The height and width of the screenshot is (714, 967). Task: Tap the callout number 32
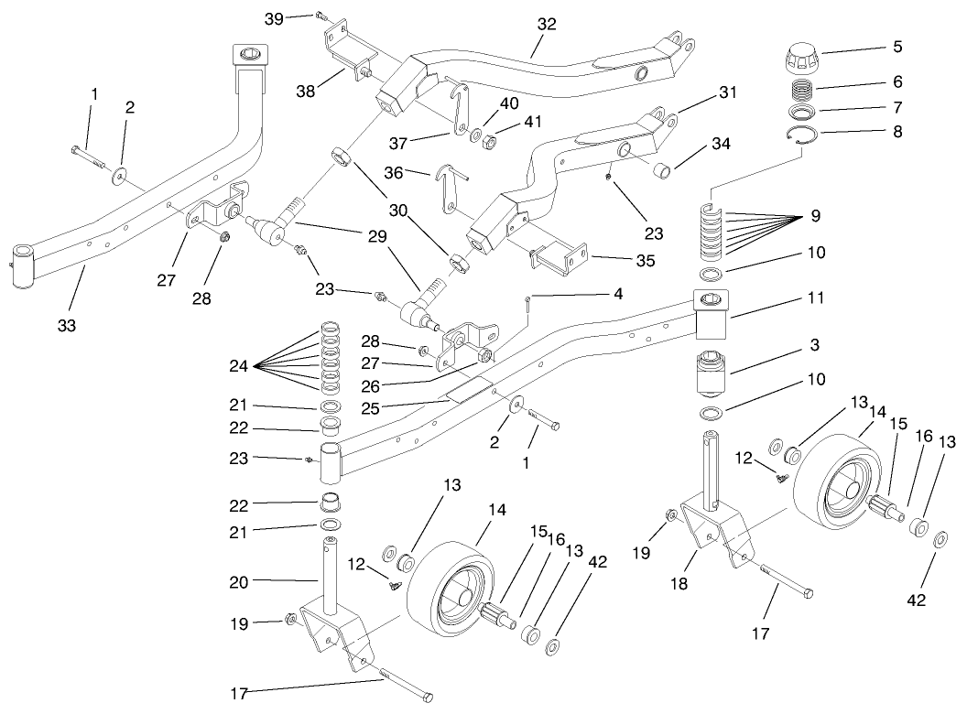[547, 25]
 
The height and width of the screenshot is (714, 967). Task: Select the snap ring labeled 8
[802, 136]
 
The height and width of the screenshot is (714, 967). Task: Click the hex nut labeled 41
[490, 141]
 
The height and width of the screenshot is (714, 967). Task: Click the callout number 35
[646, 261]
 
